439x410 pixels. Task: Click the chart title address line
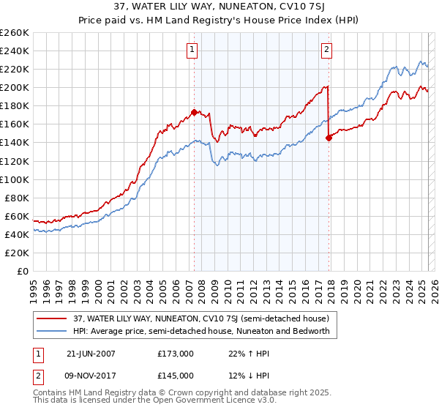click(x=219, y=8)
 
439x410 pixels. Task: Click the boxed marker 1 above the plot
click(x=192, y=50)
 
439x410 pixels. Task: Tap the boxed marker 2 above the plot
click(x=326, y=50)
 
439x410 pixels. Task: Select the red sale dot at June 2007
click(x=194, y=112)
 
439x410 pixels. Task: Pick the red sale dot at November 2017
click(x=329, y=138)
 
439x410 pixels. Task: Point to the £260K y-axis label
click(x=15, y=33)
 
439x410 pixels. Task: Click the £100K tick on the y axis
click(x=15, y=179)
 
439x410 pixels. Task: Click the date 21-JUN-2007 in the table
click(x=91, y=353)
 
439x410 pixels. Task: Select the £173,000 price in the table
click(x=176, y=353)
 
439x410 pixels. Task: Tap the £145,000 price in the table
click(x=176, y=375)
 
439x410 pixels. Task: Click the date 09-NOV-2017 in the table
click(x=91, y=375)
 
